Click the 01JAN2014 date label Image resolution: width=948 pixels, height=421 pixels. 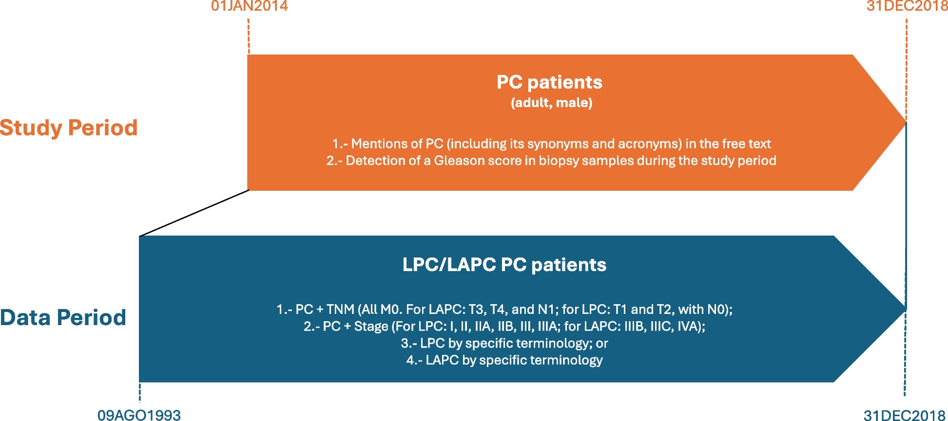pos(250,6)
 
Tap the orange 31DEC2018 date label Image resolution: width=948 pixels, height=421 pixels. pos(907,6)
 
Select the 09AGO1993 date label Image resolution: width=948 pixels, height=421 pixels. pos(139,415)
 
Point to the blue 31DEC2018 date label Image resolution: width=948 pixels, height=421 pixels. pos(905,415)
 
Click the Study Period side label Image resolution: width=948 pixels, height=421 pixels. pos(69,128)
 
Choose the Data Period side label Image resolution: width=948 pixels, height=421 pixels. pos(63,317)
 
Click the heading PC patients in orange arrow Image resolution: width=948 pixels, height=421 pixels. pos(549,82)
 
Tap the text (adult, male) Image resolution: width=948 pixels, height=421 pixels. pos(551,103)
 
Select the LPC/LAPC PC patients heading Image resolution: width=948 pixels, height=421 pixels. pos(504,265)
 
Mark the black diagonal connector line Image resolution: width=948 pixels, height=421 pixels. pos(194,213)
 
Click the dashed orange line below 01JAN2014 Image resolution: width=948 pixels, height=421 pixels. pos(249,36)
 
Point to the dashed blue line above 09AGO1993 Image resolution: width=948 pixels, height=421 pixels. pos(140,392)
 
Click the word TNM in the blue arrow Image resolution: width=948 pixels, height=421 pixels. pos(340,310)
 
